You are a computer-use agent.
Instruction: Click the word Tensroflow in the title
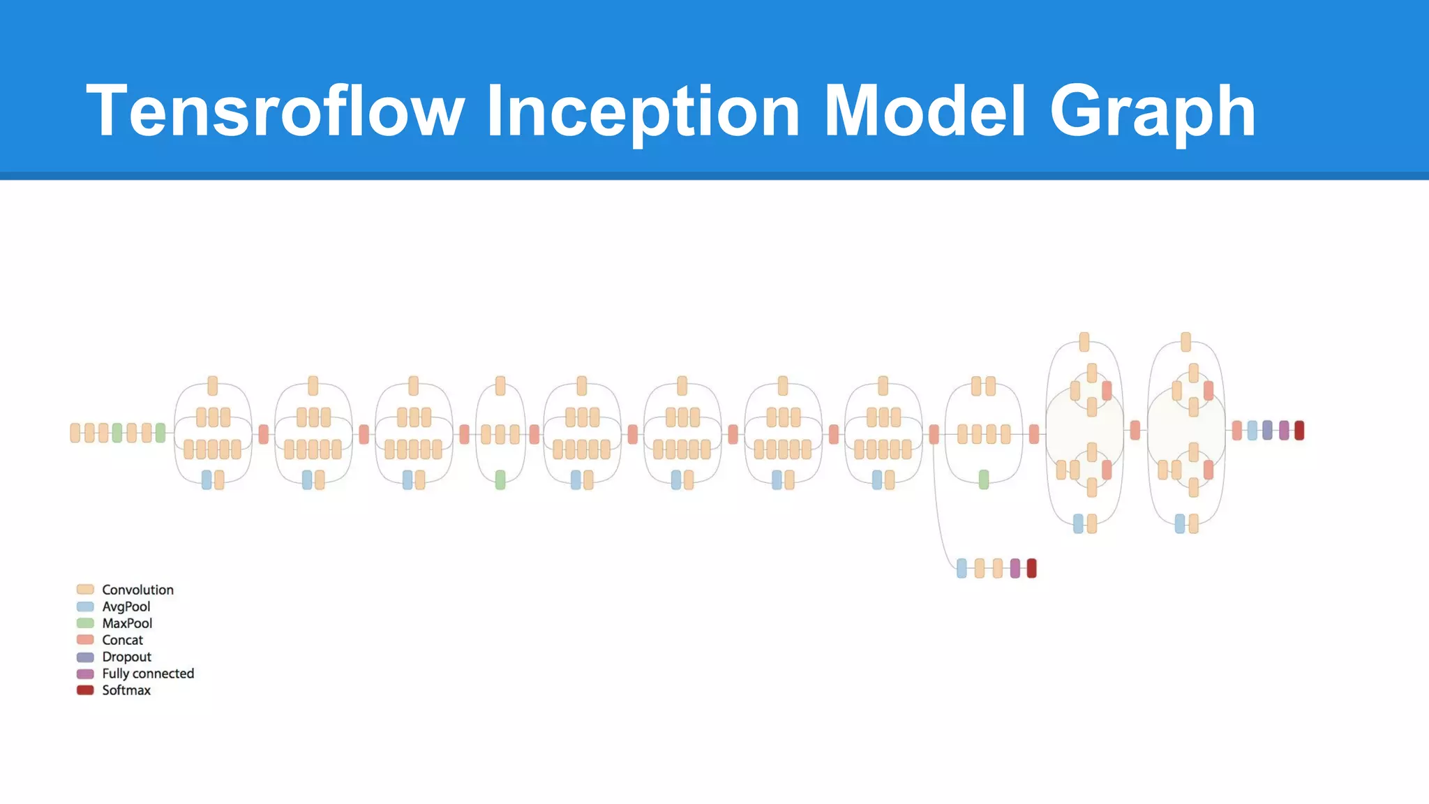coord(275,111)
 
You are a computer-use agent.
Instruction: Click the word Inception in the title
coord(643,111)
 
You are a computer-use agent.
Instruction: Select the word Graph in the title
coord(1153,111)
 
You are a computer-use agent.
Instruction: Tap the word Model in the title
coord(925,111)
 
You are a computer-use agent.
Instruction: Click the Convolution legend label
coord(137,590)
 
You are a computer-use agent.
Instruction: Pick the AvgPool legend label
coord(126,606)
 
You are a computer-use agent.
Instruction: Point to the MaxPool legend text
coord(127,623)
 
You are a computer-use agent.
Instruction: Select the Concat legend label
coord(122,640)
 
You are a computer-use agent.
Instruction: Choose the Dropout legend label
coord(126,657)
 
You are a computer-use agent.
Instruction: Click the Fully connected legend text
coord(148,673)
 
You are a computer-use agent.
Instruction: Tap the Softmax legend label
coord(126,690)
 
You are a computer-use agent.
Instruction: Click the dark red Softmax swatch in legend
coord(85,690)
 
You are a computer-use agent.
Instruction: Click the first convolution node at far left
coord(75,433)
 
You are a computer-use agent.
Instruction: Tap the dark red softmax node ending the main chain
coord(1299,431)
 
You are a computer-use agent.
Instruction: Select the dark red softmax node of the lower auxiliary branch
coord(1031,568)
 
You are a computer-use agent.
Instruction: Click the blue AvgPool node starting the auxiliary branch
coord(962,568)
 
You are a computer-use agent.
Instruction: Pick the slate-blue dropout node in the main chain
coord(1267,431)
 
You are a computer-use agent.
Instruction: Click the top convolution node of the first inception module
coord(213,385)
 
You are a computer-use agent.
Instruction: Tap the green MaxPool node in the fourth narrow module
coord(500,479)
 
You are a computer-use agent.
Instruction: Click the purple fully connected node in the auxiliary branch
coord(1015,568)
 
